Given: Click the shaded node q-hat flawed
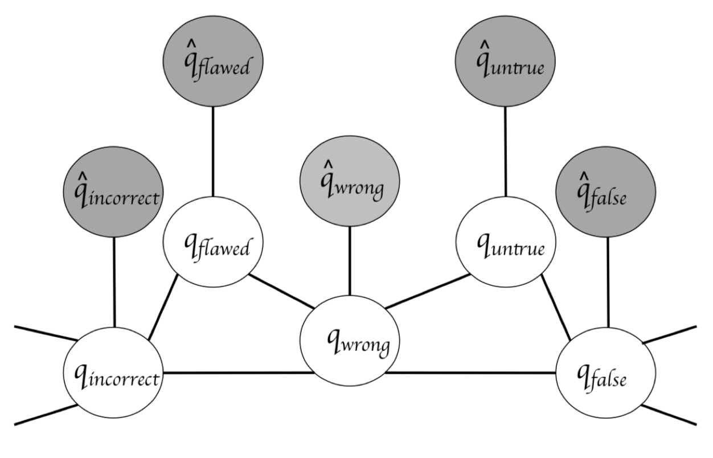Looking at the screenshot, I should click(x=213, y=62).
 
